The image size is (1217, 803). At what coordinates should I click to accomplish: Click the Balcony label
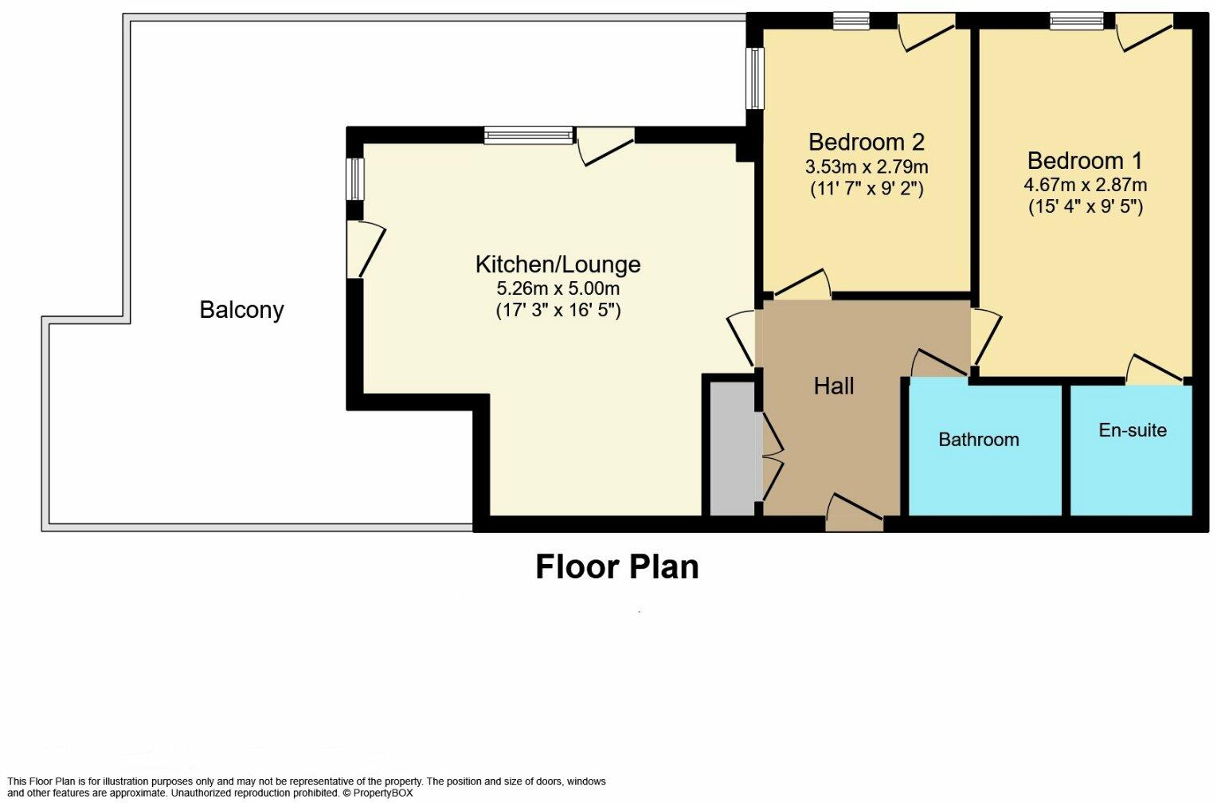click(x=241, y=310)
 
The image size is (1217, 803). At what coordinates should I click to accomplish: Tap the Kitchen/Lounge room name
click(x=558, y=264)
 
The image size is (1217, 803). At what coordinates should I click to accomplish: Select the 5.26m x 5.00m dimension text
click(x=558, y=288)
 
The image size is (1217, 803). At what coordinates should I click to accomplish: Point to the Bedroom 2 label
click(x=867, y=142)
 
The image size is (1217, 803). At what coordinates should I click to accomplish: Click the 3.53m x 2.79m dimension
click(x=867, y=166)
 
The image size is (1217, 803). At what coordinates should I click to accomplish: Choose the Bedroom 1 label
click(x=1085, y=161)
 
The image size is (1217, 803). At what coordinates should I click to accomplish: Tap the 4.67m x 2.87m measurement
click(x=1086, y=185)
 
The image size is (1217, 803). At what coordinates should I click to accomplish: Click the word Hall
click(x=833, y=386)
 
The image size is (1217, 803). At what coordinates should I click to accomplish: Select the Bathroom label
click(x=979, y=440)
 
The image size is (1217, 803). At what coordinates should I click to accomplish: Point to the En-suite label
click(x=1133, y=430)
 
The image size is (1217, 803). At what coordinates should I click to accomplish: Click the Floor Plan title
click(x=617, y=567)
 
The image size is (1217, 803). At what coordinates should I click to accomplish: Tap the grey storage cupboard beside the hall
click(x=733, y=449)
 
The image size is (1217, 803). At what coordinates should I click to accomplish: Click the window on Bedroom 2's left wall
click(x=755, y=78)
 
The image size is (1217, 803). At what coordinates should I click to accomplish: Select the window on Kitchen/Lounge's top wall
click(x=529, y=135)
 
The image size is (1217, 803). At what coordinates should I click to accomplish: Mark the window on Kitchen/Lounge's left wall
click(x=355, y=178)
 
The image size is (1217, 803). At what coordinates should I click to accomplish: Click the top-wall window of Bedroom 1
click(x=1077, y=22)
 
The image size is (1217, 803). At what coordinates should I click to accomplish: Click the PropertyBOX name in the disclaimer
click(x=383, y=793)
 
